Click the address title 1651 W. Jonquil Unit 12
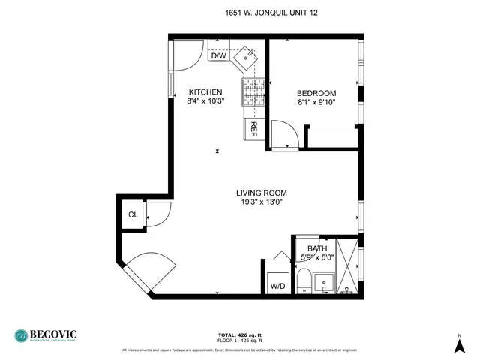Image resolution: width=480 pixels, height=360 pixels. click(x=266, y=13)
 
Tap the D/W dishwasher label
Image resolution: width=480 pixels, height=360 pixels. click(x=218, y=55)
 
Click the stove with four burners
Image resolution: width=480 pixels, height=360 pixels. click(x=252, y=93)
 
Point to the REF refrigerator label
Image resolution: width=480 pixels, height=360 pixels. click(x=253, y=127)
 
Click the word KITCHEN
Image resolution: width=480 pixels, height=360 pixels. click(x=205, y=92)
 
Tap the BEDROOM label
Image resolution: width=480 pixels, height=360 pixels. click(x=316, y=93)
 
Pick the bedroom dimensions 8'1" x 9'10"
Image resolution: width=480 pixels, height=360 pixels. click(x=316, y=102)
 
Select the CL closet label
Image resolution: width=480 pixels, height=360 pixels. click(x=133, y=215)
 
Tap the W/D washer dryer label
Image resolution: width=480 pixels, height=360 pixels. click(x=277, y=285)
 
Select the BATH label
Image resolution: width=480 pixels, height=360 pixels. click(x=316, y=249)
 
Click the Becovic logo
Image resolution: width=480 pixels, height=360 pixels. click(x=46, y=335)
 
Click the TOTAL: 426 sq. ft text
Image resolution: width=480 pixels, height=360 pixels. click(x=239, y=334)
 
